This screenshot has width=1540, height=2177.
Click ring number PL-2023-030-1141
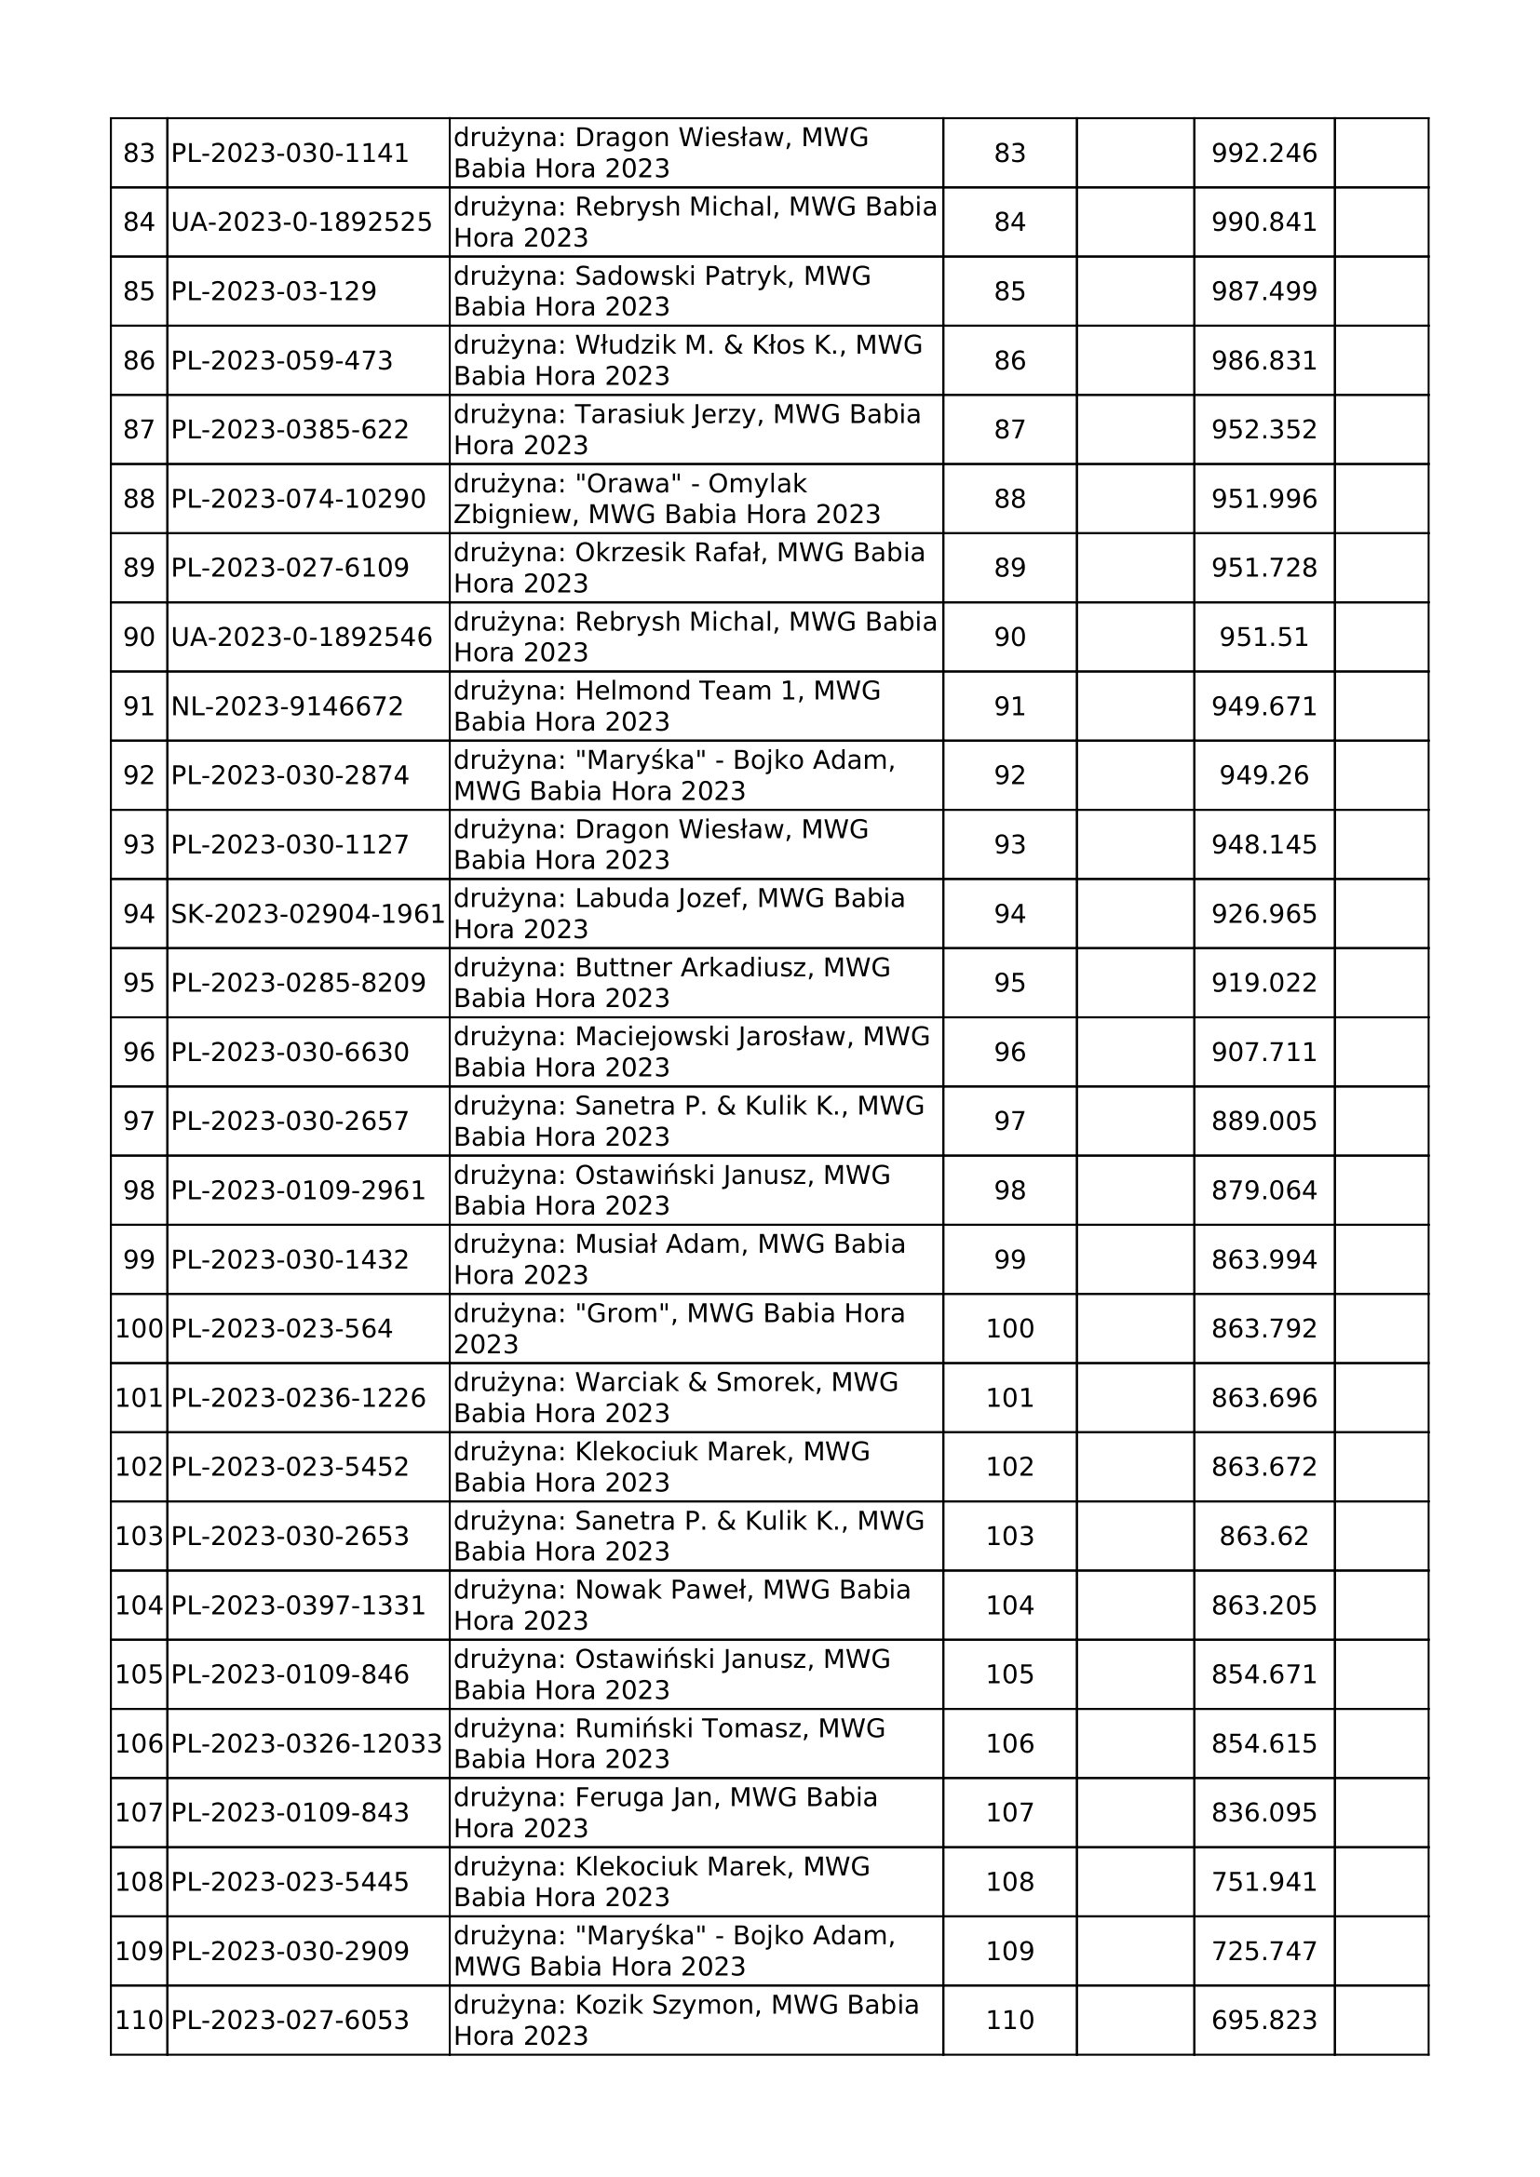coord(290,153)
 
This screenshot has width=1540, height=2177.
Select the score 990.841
coord(1264,222)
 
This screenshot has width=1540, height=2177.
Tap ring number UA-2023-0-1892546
coord(302,638)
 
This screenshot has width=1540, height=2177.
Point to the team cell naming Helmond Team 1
coord(696,706)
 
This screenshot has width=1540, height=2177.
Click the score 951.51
coord(1264,638)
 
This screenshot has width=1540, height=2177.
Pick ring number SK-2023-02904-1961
coord(308,914)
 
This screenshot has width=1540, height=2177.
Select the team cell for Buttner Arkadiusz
coord(696,983)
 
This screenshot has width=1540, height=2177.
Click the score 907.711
coord(1264,1053)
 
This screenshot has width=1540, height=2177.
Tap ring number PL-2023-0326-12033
coord(307,1743)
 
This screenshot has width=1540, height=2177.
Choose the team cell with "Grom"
coord(696,1328)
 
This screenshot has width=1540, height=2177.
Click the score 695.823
coord(1264,2021)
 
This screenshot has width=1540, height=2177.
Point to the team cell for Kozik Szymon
coord(696,2021)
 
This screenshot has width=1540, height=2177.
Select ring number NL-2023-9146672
coord(288,706)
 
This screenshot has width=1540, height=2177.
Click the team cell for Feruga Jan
coord(696,1813)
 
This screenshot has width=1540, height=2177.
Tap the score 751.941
coord(1264,1882)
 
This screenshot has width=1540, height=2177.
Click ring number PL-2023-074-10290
coord(299,499)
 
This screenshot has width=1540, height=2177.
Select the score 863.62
coord(1264,1536)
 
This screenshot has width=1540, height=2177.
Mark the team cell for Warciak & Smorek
coord(696,1398)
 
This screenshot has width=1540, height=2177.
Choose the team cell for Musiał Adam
coord(696,1259)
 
